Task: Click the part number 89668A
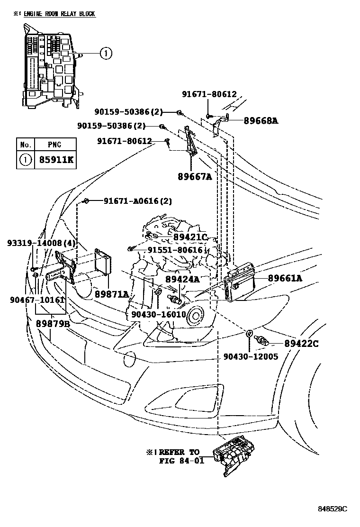click(x=261, y=121)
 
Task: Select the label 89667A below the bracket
click(x=194, y=177)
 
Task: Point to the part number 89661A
click(x=285, y=278)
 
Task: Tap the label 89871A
click(x=111, y=294)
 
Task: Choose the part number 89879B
click(x=53, y=324)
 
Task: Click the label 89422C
click(x=301, y=343)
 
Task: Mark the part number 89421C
click(x=190, y=237)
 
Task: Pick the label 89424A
click(x=182, y=280)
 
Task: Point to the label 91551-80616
click(x=175, y=250)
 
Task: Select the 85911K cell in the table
click(x=54, y=160)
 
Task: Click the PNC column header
click(x=54, y=144)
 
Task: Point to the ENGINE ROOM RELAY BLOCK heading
click(x=56, y=14)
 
